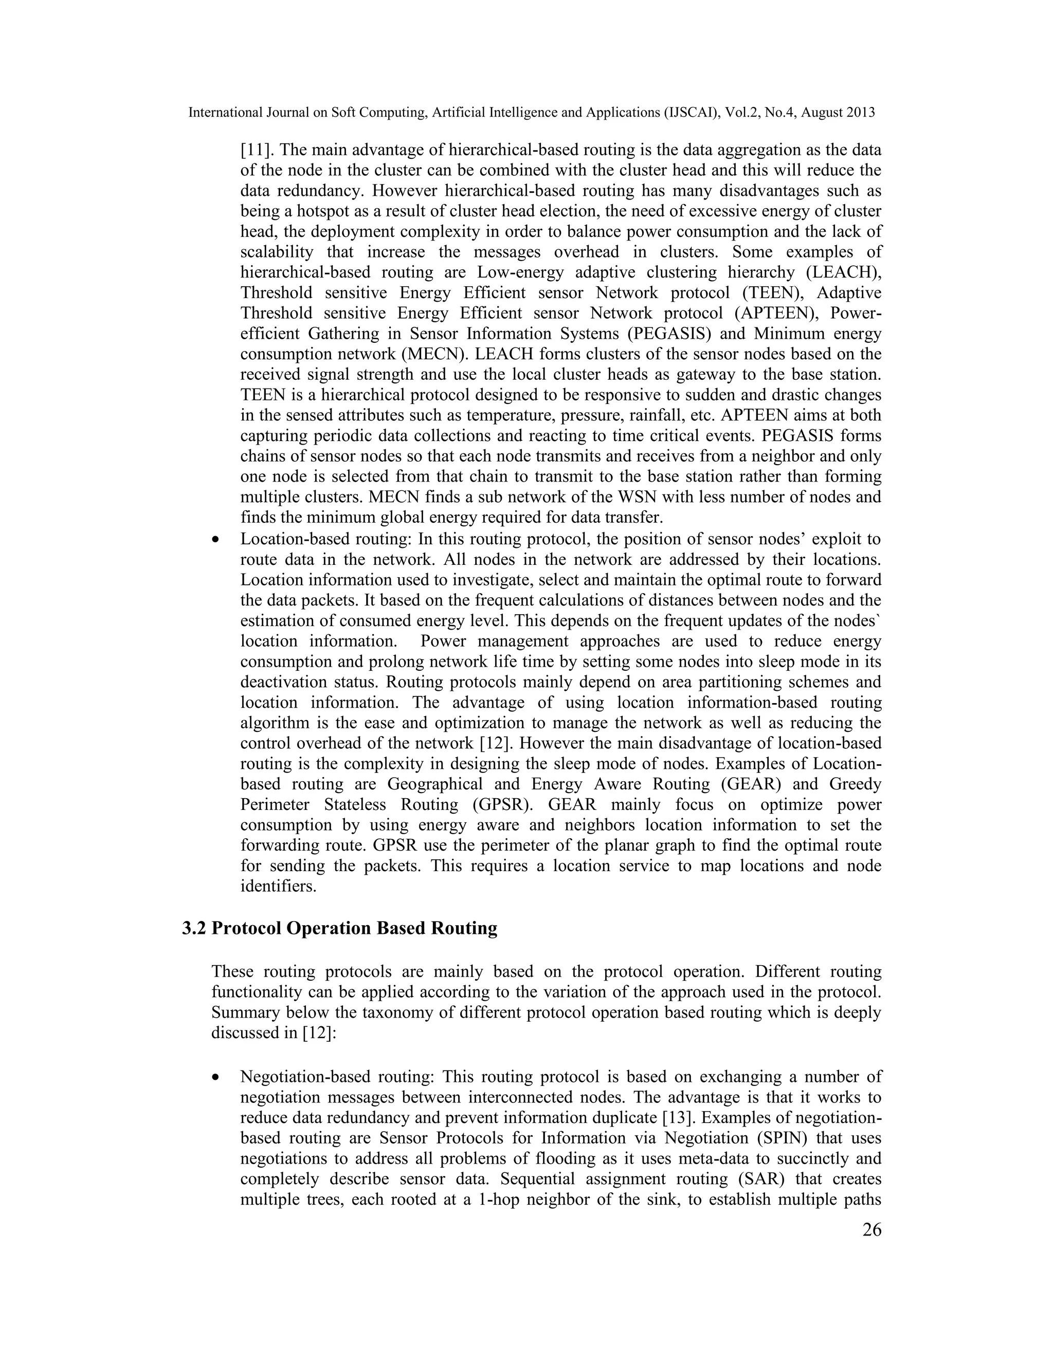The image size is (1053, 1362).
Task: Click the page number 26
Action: coord(872,1230)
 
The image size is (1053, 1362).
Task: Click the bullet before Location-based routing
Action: coord(216,540)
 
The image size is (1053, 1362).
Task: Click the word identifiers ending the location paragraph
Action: coord(278,886)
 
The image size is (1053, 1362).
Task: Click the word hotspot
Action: coord(319,211)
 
